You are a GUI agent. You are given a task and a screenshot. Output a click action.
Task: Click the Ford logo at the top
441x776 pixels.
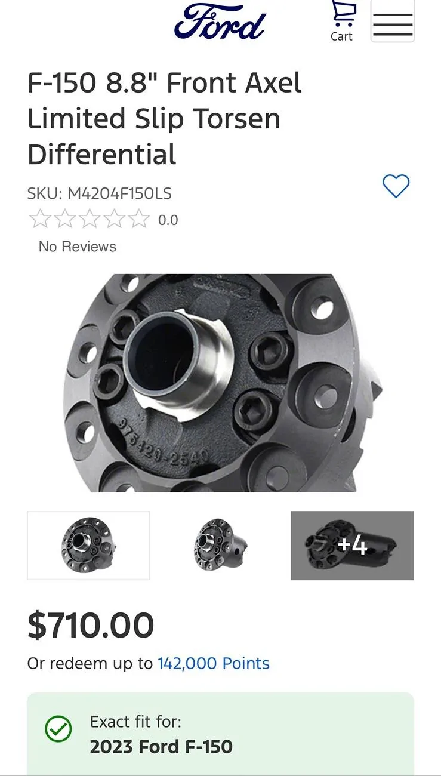pos(220,23)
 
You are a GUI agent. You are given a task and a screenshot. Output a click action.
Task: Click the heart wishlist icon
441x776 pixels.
pos(396,186)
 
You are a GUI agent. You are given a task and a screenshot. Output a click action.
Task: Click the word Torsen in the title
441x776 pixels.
pos(230,118)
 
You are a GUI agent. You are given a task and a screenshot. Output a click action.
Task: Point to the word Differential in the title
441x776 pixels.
pos(102,154)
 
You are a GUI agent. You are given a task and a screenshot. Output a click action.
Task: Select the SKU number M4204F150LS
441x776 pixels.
pos(120,193)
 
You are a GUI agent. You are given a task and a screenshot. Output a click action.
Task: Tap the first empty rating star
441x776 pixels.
pos(39,220)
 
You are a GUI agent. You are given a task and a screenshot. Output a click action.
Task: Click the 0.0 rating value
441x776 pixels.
pos(168,220)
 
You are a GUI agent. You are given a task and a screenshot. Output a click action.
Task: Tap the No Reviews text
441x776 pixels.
pos(78,247)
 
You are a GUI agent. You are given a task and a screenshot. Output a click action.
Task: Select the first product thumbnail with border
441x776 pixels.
pos(88,545)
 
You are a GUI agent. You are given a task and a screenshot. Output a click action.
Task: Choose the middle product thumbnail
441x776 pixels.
pos(220,545)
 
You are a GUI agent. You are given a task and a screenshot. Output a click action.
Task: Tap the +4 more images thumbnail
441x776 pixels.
pos(352,545)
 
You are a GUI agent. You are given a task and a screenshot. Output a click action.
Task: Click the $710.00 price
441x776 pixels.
pos(91,626)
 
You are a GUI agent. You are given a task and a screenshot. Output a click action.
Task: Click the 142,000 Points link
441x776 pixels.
pos(213,663)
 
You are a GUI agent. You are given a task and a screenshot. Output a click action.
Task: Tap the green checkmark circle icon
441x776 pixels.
pos(58,729)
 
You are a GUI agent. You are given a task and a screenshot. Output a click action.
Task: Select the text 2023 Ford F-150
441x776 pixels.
pos(161,746)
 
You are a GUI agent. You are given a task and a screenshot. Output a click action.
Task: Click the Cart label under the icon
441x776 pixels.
pos(341,36)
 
